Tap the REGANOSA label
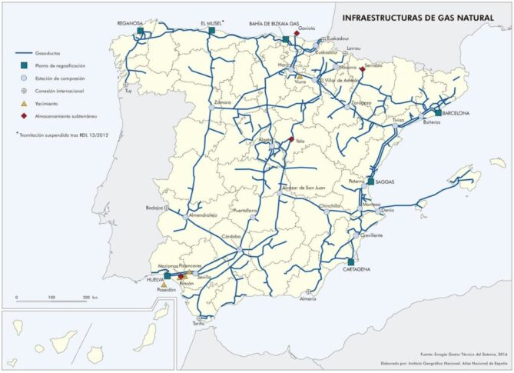click(131, 23)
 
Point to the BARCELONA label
click(456, 112)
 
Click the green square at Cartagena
click(350, 261)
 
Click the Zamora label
click(223, 102)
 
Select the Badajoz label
click(155, 208)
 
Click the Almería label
click(308, 299)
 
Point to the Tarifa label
click(200, 324)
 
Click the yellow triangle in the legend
click(24, 104)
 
